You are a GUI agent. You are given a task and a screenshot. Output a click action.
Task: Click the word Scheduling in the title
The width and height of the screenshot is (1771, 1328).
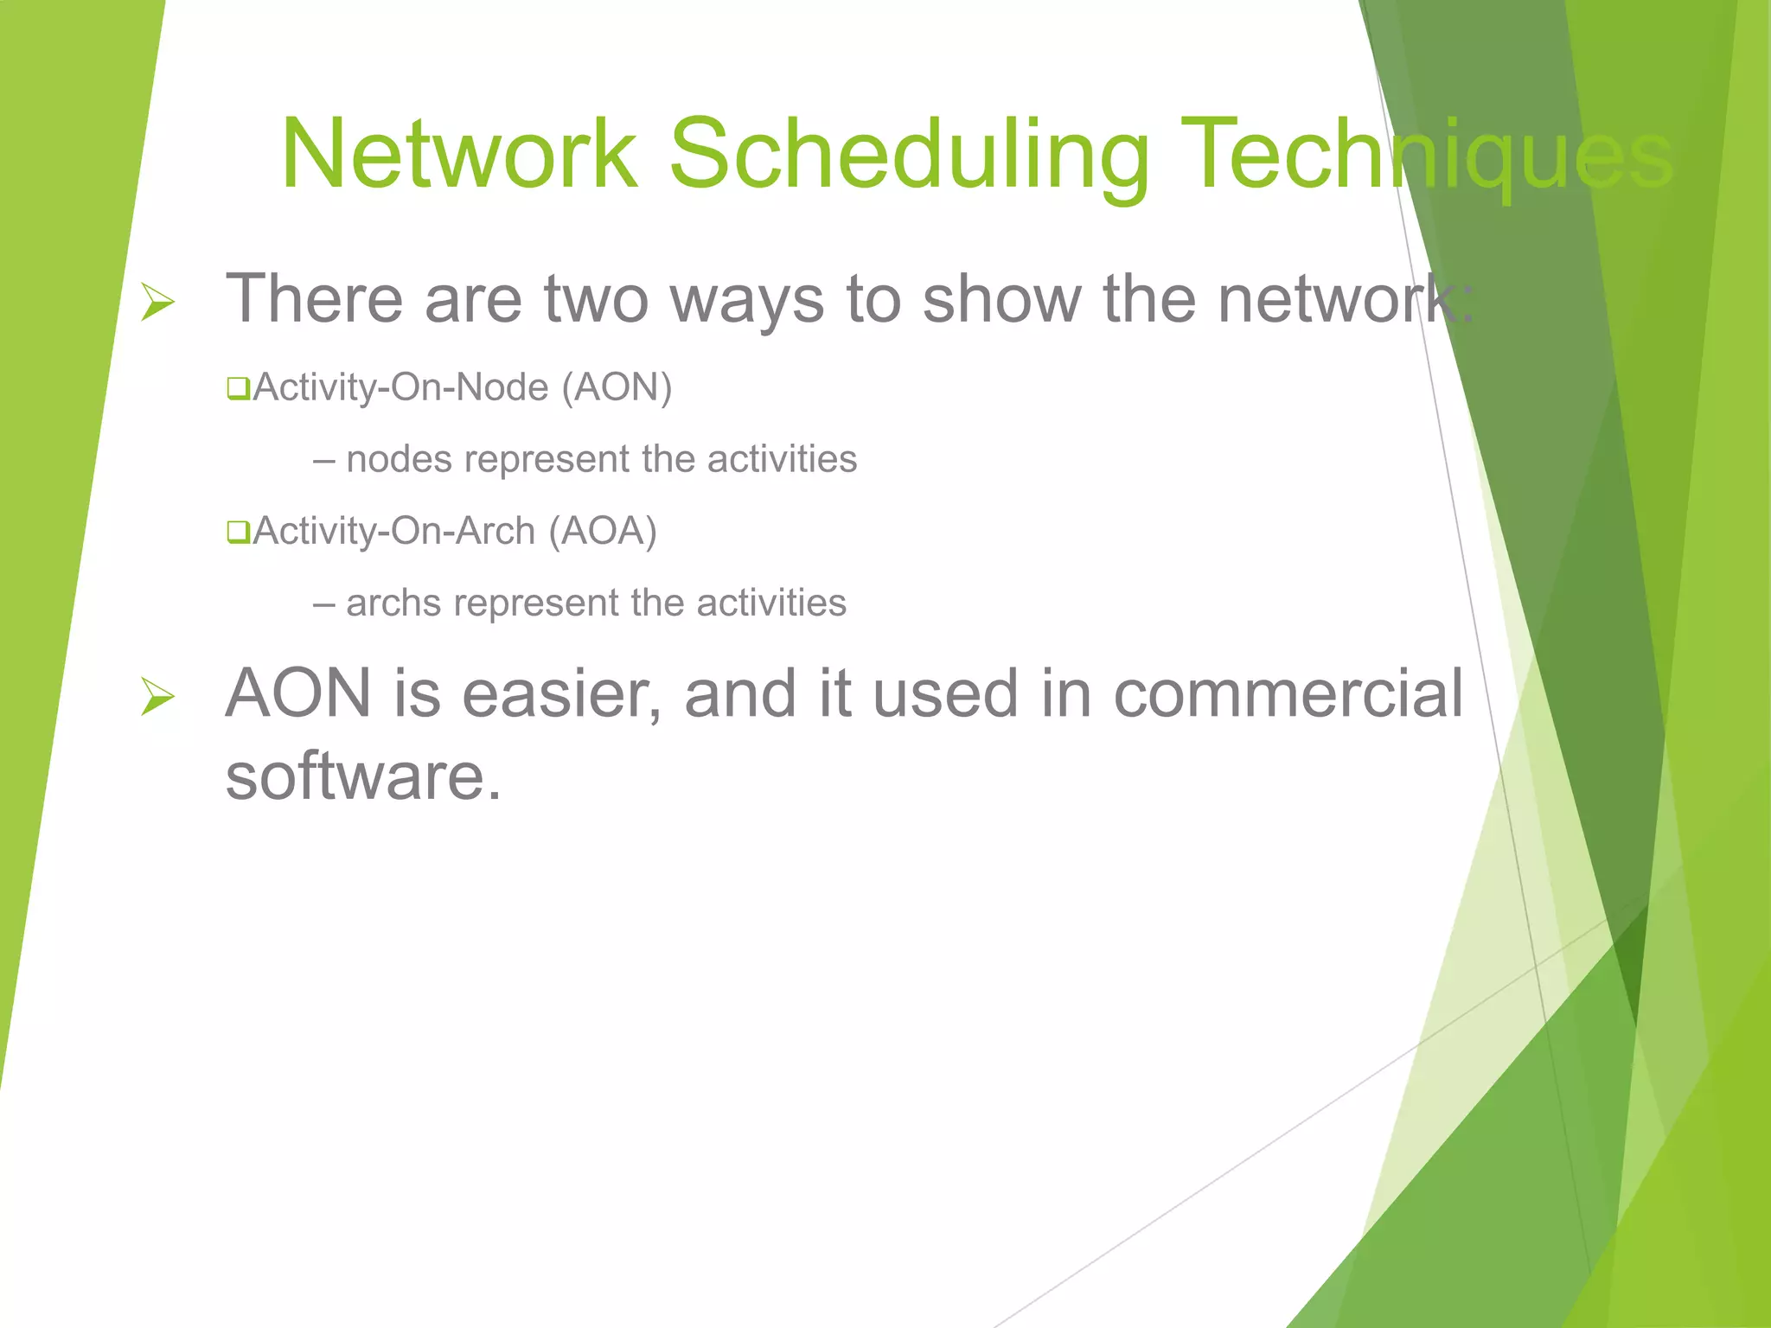pos(909,156)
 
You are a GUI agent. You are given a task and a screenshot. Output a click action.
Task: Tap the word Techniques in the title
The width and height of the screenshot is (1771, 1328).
pos(1427,156)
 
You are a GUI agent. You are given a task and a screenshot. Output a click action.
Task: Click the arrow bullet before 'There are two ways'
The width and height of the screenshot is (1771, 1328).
pos(158,303)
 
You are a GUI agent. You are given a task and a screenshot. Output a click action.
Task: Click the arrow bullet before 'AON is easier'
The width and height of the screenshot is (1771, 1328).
pos(158,697)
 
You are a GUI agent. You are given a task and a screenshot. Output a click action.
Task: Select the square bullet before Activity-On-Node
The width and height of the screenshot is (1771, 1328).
pos(238,389)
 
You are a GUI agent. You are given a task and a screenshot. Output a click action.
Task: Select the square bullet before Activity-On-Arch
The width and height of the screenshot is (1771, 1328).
pos(238,532)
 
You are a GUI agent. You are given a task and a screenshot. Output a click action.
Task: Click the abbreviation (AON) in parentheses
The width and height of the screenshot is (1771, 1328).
pos(617,387)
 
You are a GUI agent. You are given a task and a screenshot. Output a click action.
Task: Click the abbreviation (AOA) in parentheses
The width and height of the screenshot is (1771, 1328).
pos(603,531)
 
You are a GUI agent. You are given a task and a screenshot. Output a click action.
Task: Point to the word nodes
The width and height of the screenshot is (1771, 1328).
pos(399,459)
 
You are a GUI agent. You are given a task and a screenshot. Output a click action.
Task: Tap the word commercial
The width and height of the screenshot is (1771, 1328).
pos(1288,694)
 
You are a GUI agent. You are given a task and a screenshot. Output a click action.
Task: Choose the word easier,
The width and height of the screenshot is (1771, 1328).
pos(562,694)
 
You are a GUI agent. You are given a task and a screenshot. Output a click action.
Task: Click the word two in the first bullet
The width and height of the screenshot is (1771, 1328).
pos(596,300)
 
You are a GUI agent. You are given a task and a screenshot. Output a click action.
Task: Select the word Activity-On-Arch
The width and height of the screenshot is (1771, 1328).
pos(394,531)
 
